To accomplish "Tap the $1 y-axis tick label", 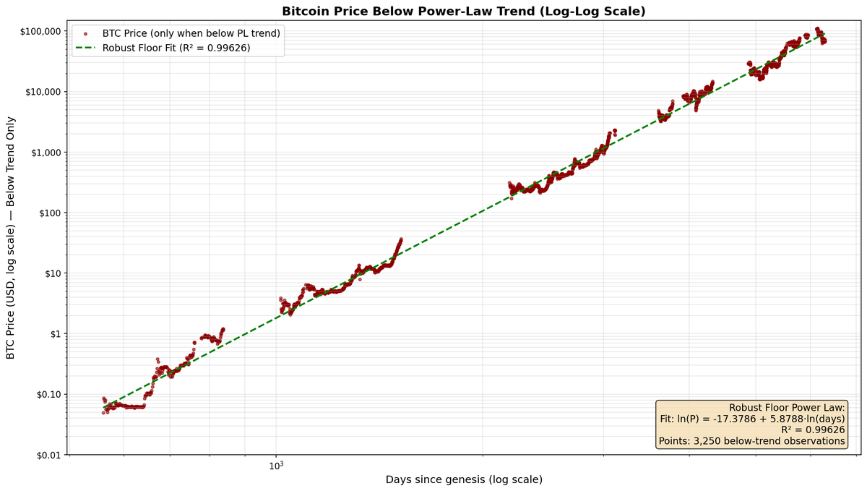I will (54, 334).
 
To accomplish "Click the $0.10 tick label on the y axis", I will (48, 395).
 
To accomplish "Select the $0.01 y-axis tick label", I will (48, 455).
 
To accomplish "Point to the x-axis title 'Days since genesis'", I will (463, 479).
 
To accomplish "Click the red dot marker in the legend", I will (86, 33).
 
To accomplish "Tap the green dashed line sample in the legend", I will (86, 48).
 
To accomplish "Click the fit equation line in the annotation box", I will (752, 419).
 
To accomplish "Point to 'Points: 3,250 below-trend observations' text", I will (751, 440).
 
